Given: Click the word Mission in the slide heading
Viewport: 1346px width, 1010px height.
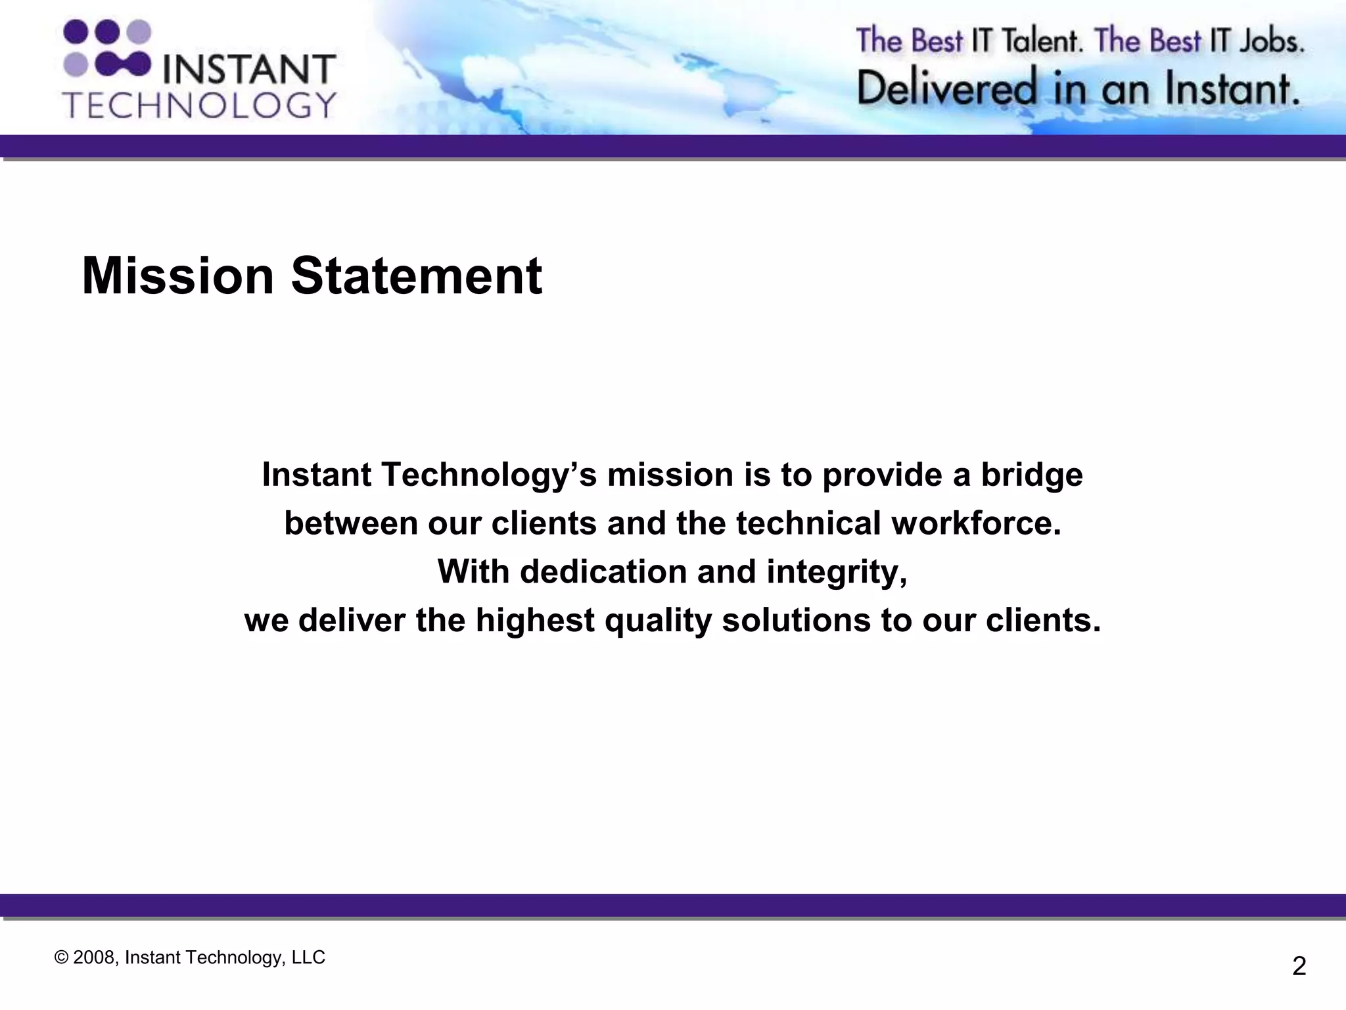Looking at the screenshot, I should (177, 276).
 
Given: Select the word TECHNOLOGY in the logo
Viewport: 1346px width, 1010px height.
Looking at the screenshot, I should (200, 105).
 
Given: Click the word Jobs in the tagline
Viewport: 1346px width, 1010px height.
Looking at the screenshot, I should (1271, 41).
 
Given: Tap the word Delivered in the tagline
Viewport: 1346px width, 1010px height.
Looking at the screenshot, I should (947, 89).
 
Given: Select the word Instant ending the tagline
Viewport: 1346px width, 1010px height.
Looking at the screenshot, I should (1232, 89).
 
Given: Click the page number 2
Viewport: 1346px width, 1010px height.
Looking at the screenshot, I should (1299, 967).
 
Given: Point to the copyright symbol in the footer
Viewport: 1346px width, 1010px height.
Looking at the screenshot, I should (61, 958).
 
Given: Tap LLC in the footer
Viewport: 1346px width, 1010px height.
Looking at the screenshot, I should (308, 958).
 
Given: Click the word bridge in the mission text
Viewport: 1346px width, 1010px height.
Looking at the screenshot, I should (1032, 475).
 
